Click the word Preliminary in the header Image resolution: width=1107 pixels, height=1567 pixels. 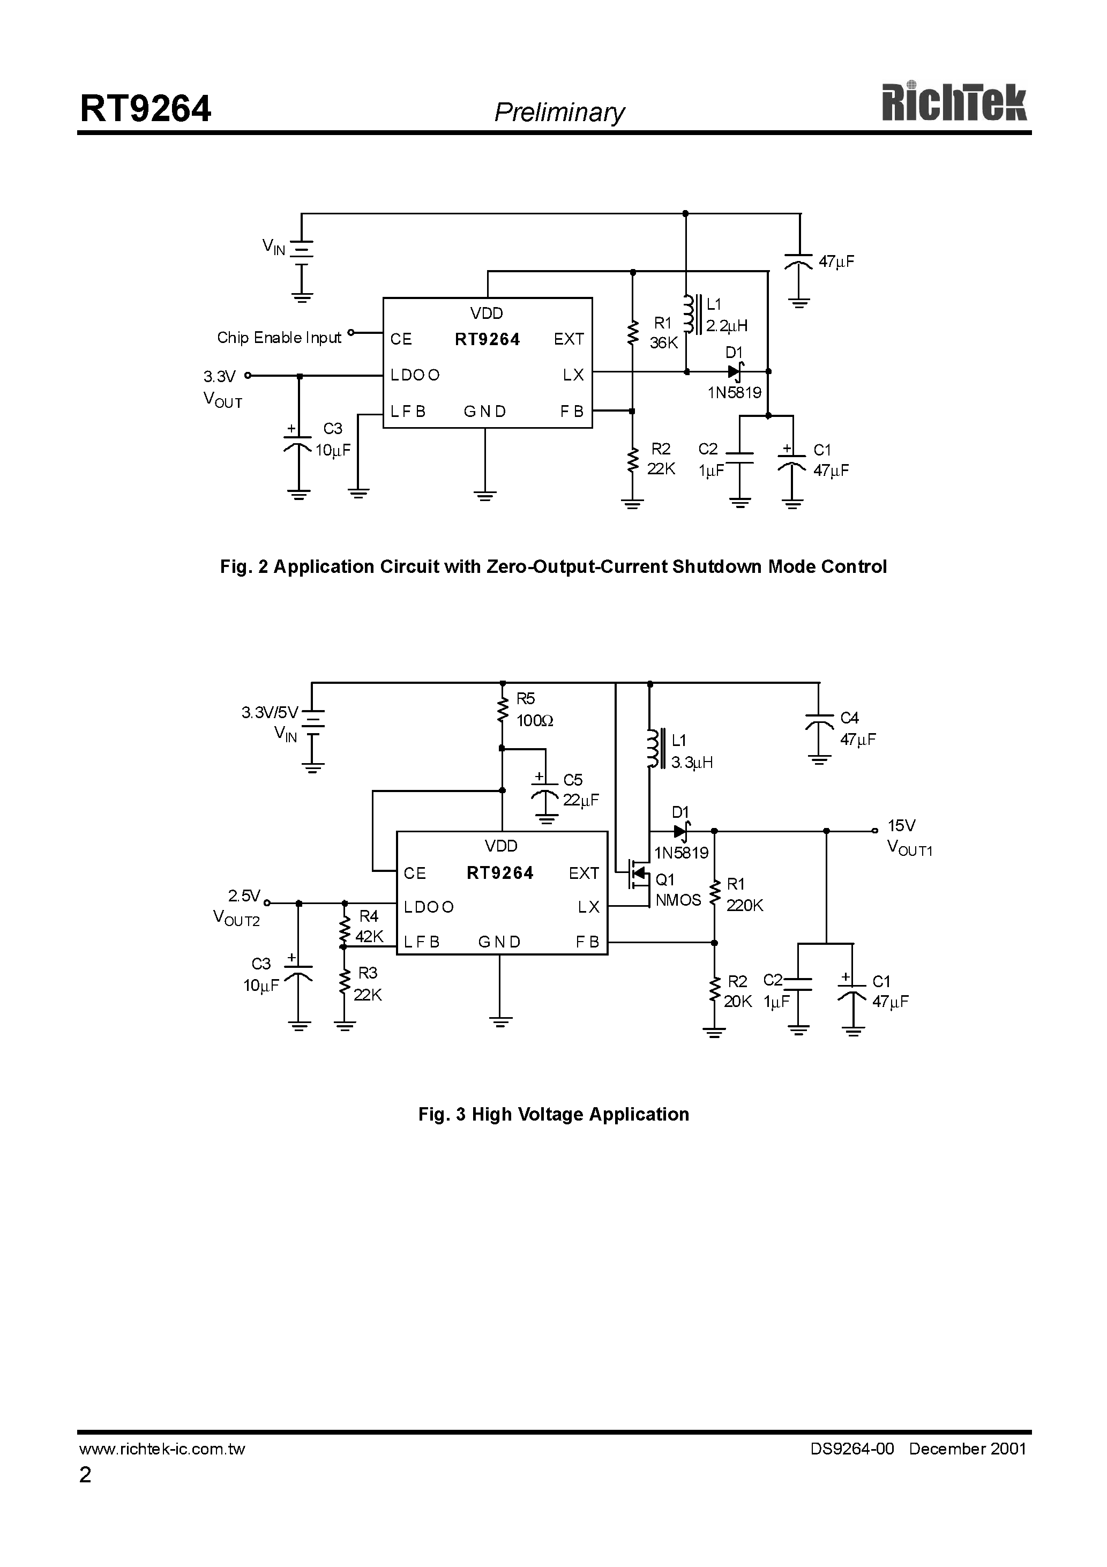click(x=559, y=113)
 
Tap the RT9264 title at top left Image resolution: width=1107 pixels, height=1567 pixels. click(x=145, y=109)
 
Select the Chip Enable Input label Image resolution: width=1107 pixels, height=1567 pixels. click(x=279, y=338)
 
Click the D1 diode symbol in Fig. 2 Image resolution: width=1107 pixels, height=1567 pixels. click(x=735, y=372)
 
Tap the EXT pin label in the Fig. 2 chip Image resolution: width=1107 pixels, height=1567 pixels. click(x=569, y=339)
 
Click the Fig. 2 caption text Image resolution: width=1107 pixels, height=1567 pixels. click(x=553, y=566)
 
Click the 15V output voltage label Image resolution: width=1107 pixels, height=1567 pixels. click(x=901, y=826)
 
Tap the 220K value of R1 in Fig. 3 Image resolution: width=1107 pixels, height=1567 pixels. click(x=745, y=906)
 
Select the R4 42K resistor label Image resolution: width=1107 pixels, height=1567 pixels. click(x=369, y=926)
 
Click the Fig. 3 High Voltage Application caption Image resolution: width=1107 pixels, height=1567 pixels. click(x=553, y=1115)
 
